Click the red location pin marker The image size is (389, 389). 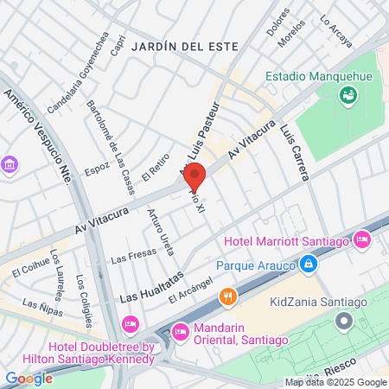click(195, 176)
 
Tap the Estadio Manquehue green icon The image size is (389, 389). click(348, 97)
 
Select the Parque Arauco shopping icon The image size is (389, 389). click(306, 264)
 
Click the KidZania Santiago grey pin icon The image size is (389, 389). click(344, 322)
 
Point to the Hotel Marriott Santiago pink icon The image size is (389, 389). click(363, 239)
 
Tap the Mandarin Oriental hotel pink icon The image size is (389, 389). click(180, 329)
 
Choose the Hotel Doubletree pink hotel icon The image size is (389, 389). click(131, 325)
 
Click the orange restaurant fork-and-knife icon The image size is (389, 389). click(228, 296)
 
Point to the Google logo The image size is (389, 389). click(29, 378)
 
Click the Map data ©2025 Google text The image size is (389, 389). click(336, 382)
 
